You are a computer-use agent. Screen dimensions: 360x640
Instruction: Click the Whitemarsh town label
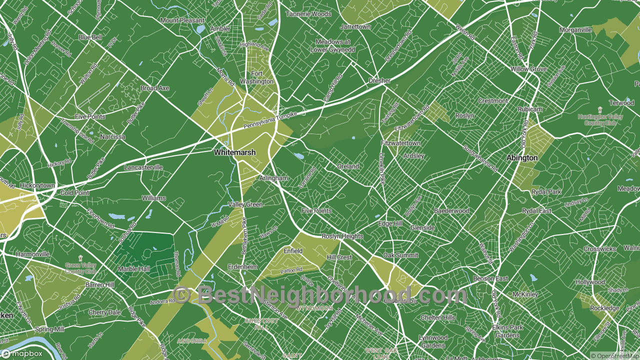(x=234, y=152)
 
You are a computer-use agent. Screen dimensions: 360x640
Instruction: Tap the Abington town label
(x=522, y=157)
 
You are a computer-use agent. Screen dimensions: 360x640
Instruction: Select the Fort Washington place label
(x=256, y=77)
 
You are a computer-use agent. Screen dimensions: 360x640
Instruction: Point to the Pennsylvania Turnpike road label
(x=270, y=119)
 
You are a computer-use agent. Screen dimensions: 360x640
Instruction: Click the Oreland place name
(x=348, y=166)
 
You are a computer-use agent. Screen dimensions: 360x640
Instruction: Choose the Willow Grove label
(x=528, y=69)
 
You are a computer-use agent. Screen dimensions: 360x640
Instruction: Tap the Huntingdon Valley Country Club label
(x=600, y=119)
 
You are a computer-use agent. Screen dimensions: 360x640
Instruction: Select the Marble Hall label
(x=133, y=269)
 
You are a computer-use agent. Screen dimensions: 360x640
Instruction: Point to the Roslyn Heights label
(x=342, y=236)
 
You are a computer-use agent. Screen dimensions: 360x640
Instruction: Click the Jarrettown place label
(x=355, y=26)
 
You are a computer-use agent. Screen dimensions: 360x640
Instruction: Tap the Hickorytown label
(x=37, y=185)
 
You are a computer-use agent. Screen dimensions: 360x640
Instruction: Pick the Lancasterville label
(x=143, y=167)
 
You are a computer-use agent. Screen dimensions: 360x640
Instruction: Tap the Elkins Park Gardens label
(x=507, y=331)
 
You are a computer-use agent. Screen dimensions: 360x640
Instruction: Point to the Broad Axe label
(x=154, y=88)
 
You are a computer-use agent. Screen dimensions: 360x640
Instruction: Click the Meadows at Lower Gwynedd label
(x=332, y=46)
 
